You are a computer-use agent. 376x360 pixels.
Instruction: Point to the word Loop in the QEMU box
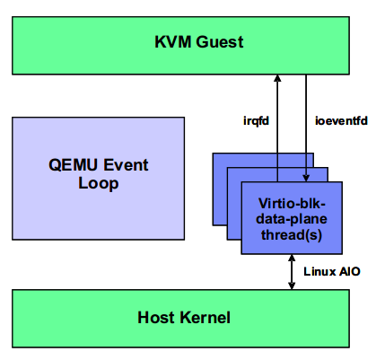coord(98,183)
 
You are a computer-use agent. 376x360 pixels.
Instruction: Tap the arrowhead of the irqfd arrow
coord(278,79)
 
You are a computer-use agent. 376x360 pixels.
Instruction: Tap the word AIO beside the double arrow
coord(349,270)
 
